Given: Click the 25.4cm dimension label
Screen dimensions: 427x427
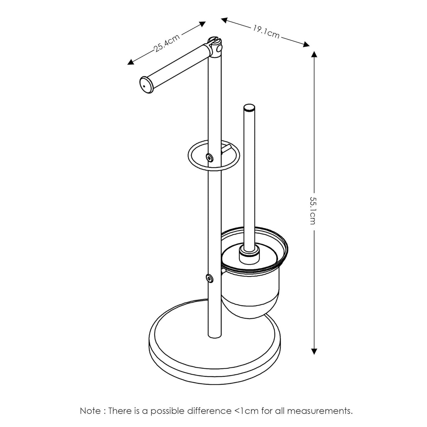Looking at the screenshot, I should click(167, 43).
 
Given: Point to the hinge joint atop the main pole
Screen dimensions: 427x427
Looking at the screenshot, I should click(215, 47).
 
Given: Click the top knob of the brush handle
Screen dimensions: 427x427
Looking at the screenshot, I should click(249, 108).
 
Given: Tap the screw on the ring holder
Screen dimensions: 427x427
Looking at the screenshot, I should click(210, 158).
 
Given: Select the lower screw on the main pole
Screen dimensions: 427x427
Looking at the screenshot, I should click(210, 279).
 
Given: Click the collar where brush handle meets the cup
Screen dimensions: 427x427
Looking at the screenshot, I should click(249, 254).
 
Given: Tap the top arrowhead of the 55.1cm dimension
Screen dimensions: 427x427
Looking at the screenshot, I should click(314, 54).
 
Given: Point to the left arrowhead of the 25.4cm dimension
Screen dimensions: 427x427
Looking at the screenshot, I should click(130, 63).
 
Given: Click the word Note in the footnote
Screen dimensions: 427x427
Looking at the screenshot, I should click(90, 410).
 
